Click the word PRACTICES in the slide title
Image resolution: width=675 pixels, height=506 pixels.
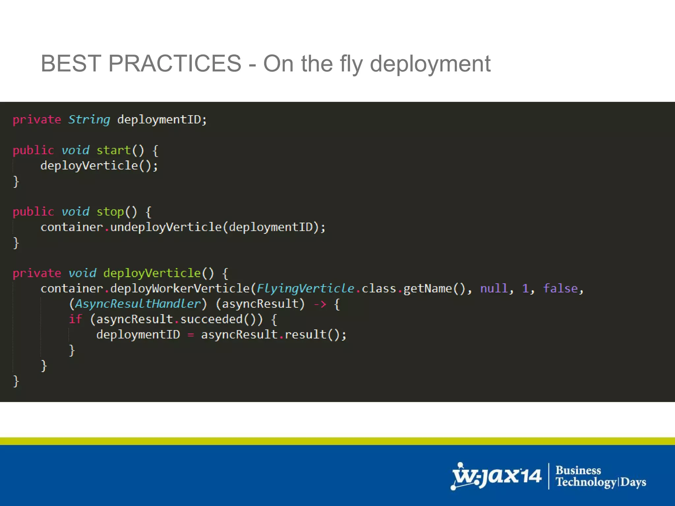(175, 63)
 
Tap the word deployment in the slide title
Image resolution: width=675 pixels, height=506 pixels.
(430, 64)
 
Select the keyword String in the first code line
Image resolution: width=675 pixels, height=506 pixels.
(89, 120)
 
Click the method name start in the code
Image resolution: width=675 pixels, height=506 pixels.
(114, 151)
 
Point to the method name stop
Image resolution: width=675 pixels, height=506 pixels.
(110, 212)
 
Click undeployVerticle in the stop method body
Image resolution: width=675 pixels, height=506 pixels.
(166, 227)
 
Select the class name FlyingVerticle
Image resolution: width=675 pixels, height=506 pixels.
(306, 289)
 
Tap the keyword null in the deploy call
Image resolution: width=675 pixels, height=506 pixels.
(493, 289)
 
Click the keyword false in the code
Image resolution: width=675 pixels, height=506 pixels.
(560, 289)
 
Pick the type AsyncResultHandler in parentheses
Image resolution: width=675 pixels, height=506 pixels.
(138, 304)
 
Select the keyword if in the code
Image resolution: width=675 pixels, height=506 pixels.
(75, 319)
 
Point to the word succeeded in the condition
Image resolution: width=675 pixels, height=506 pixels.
(211, 319)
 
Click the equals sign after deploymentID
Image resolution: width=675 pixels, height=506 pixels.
(191, 335)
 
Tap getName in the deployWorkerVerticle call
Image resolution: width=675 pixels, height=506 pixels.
(427, 289)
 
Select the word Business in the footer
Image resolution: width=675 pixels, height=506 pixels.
(578, 470)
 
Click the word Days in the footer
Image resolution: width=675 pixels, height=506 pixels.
(633, 482)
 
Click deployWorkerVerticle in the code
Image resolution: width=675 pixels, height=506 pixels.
(180, 289)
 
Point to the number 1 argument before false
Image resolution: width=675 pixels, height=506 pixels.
(525, 289)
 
